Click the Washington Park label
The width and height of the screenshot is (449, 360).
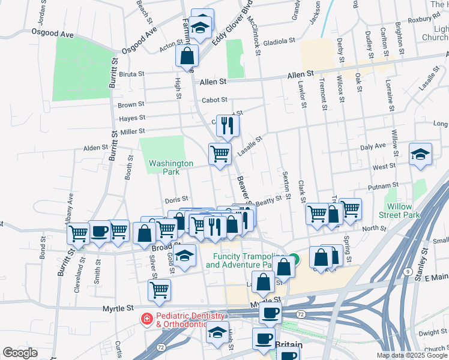point(171,167)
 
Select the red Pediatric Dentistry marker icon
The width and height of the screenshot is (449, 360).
point(146,318)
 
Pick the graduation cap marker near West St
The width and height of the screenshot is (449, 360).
point(420,154)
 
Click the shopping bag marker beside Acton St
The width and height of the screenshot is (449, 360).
point(187,56)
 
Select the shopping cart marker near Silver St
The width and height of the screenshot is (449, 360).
point(159,290)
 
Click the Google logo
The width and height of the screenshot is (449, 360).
point(19,353)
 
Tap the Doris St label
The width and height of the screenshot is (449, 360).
point(176,199)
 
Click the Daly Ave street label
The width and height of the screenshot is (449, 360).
point(373,146)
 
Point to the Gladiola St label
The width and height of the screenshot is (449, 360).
point(278,41)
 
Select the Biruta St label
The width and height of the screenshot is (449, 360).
point(132,74)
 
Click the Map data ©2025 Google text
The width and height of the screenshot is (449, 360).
point(411,355)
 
